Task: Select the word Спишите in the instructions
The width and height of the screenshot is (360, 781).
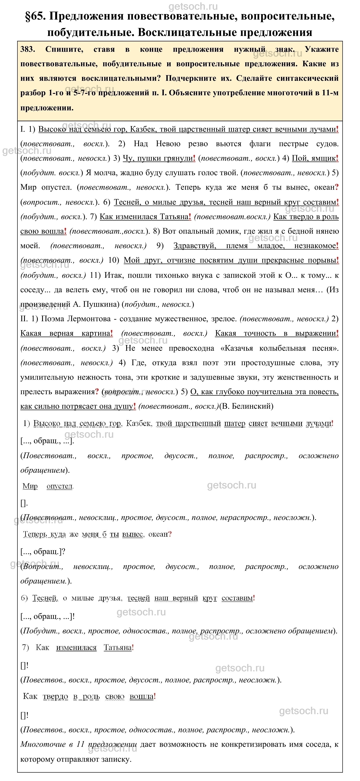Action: coord(64,49)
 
